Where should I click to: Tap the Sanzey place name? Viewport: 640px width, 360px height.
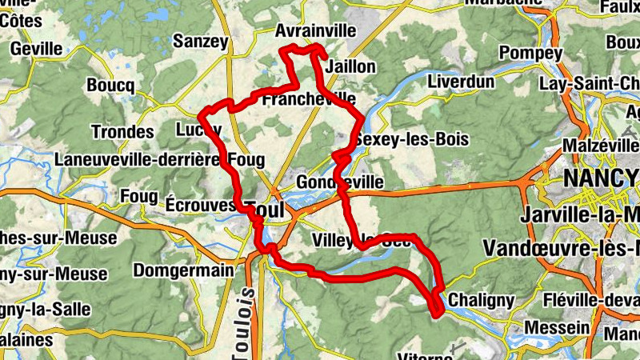pos(201,41)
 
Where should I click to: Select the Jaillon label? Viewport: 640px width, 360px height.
pos(350,66)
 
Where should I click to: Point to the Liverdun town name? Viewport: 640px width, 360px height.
pos(457,82)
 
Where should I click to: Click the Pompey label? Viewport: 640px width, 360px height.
pos(530,54)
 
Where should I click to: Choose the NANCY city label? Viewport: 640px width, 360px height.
pos(600,177)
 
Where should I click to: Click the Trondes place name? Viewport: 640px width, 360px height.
pos(122,131)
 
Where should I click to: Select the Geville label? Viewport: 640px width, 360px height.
pos(36,48)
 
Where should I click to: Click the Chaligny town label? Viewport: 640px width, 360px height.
pos(481,299)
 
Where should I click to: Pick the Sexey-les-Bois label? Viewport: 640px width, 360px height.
pos(412,139)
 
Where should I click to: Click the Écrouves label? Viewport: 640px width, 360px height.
pos(201,204)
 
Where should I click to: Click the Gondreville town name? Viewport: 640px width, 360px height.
pos(339,183)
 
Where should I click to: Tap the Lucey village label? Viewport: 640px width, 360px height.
pos(198,130)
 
